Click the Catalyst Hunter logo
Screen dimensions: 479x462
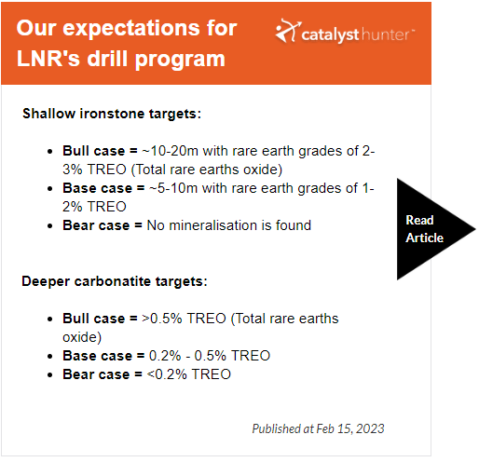pos(345,32)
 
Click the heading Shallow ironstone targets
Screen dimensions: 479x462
pos(112,114)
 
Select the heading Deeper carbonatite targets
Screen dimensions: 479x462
pos(115,281)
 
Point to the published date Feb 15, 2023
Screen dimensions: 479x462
pos(350,428)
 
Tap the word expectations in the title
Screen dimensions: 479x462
pos(132,29)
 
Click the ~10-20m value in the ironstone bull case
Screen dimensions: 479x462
pos(170,151)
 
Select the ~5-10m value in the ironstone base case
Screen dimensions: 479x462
pos(173,188)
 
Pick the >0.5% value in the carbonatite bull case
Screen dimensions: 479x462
pos(162,319)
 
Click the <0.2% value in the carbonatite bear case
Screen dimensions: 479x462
pos(167,374)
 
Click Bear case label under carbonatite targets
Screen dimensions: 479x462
pos(96,374)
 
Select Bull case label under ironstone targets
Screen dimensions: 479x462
pos(93,151)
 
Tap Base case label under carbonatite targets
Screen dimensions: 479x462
pos(97,356)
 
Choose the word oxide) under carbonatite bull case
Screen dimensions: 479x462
pos(82,337)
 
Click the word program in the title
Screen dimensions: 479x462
pos(180,59)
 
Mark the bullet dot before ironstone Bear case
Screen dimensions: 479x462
pos(50,226)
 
